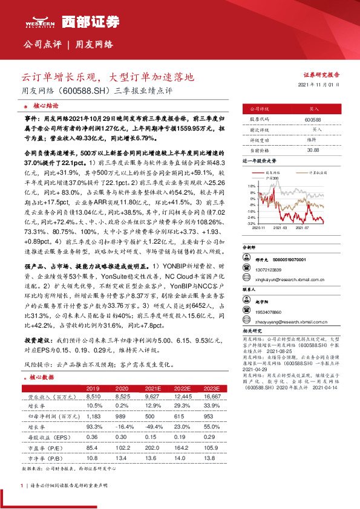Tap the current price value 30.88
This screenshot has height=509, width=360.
click(313, 149)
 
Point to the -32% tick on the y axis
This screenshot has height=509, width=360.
click(251, 223)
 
